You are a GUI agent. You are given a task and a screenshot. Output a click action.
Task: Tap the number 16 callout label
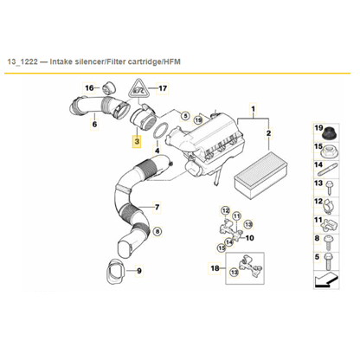click(89, 88)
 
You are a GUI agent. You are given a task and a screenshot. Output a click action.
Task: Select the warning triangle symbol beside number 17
click(138, 88)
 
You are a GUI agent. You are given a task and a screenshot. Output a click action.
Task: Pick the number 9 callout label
click(138, 271)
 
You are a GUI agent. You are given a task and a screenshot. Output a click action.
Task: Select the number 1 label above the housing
click(253, 111)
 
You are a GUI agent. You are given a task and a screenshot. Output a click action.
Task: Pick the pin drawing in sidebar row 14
click(331, 189)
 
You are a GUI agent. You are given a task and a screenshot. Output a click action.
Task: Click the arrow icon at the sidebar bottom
click(330, 279)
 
